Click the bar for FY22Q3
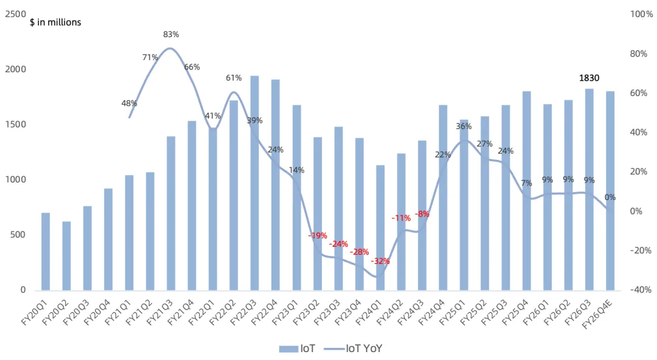coord(254,183)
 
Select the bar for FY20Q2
coord(66,256)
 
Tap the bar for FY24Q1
coord(380,228)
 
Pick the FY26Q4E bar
coord(610,191)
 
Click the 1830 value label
coord(589,78)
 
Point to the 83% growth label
coord(171,35)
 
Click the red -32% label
coord(380,261)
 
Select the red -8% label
coord(422,214)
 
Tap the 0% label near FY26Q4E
coord(610,198)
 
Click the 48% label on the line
coord(129,103)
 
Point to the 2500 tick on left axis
coord(15,14)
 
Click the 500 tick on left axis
coord(18,235)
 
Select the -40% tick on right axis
coord(641,289)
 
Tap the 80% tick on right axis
coord(639,54)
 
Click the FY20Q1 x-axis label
coord(35,311)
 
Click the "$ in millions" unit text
coord(55,22)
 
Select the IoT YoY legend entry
coord(353,348)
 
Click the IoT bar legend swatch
coord(288,348)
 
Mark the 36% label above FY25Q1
coord(464,126)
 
